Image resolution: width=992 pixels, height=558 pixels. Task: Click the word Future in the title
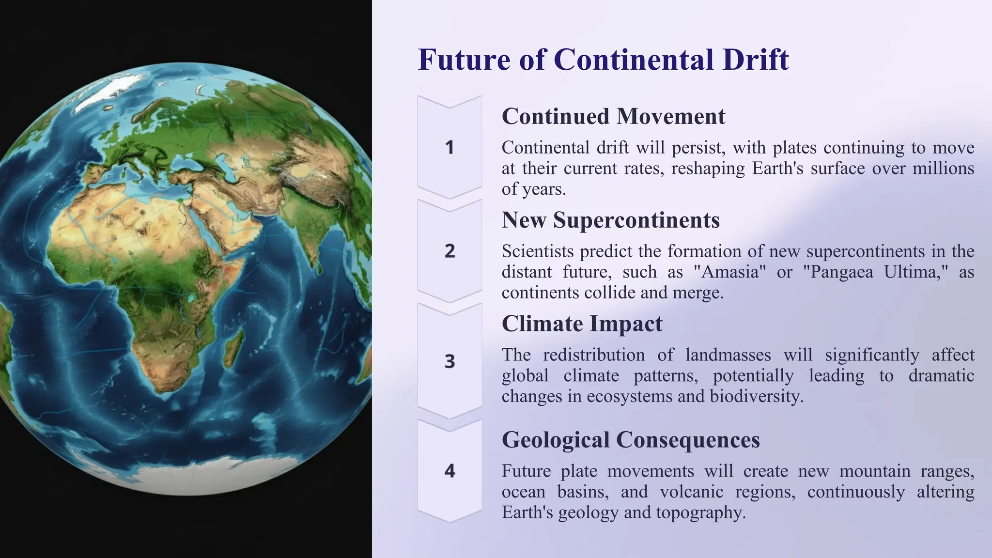pos(464,60)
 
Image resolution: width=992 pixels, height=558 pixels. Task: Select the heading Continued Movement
pos(613,116)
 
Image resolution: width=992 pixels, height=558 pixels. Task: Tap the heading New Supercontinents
pos(610,220)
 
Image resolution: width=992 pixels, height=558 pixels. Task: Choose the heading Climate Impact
pos(582,324)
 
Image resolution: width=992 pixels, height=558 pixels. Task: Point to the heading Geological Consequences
pos(631,440)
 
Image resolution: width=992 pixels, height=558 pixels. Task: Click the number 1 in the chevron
pos(449,147)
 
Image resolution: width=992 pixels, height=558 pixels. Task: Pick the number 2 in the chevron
pos(449,251)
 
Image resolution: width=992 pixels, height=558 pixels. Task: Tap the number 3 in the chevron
pos(449,361)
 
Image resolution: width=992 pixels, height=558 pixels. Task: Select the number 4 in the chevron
pos(449,471)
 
